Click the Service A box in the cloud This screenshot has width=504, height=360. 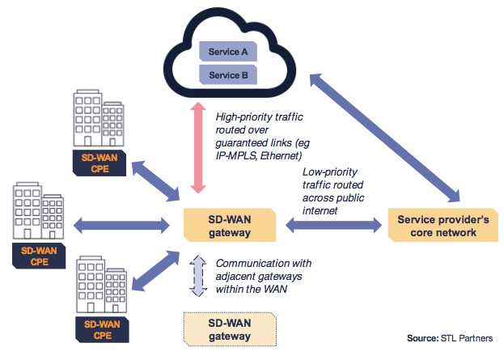pos(229,52)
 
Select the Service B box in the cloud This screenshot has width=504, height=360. pos(229,75)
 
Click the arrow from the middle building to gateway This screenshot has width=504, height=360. pos(121,224)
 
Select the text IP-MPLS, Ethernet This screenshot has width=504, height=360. pos(259,155)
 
